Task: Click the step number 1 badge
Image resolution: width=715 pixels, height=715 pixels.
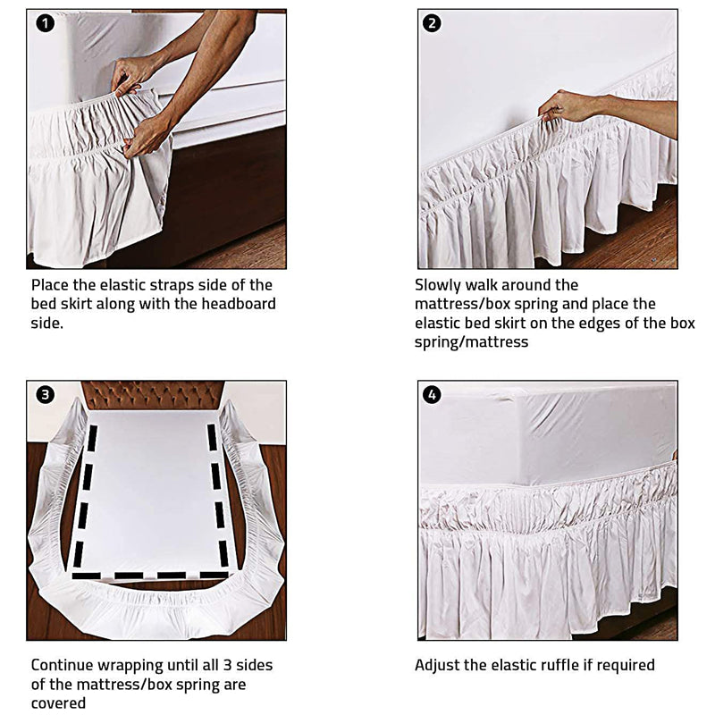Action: click(x=46, y=23)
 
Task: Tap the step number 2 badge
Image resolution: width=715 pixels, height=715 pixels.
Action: click(x=432, y=23)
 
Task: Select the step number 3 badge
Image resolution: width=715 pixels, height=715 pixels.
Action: click(x=46, y=394)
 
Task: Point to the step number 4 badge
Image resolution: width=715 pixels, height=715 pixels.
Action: click(x=432, y=394)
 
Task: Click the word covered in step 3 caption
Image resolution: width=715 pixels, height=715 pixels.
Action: click(x=58, y=703)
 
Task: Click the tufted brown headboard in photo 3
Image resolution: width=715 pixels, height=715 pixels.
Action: click(x=153, y=395)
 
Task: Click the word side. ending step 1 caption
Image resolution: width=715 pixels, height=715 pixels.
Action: click(x=46, y=324)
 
